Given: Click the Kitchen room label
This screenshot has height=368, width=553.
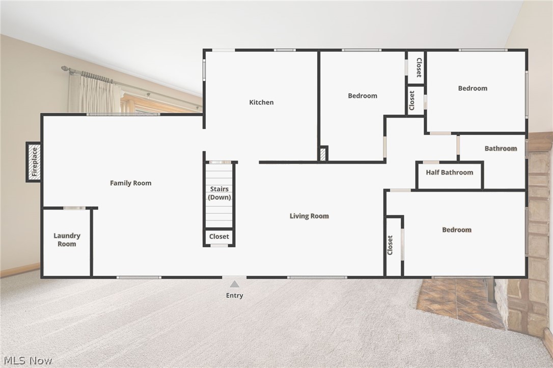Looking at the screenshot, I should coord(261,102).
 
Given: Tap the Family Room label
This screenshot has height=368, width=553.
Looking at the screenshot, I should coord(131,183).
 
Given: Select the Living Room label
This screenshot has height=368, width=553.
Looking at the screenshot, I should coord(309,216).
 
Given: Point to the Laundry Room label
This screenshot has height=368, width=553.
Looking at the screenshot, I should coord(67,240).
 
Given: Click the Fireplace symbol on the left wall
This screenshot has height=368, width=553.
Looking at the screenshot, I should coord(34,161).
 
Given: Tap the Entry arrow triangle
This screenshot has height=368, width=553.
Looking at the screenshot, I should coord(234,284).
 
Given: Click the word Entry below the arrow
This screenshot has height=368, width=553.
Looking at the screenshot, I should coord(234,296).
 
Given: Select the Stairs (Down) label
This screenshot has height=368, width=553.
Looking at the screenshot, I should coord(219,193).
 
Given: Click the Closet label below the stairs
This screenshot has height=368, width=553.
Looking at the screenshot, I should coord(219,237).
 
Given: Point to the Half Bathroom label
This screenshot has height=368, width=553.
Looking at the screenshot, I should coord(450,173).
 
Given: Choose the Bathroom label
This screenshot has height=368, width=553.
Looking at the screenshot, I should coord(501,149).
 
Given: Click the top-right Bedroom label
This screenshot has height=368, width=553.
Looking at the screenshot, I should coord(473,88).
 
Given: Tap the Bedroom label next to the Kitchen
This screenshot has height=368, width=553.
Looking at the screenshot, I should coord(363,96).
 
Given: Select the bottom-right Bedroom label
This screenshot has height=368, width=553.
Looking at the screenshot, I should coord(457,230).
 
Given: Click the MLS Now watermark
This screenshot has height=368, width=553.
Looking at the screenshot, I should coord(26,360).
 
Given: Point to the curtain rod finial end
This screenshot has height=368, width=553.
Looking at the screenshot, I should coord(64,68).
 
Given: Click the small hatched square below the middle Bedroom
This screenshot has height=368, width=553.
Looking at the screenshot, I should coord(323,154).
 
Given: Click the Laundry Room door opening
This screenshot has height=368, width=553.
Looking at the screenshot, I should coord(74,208).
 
